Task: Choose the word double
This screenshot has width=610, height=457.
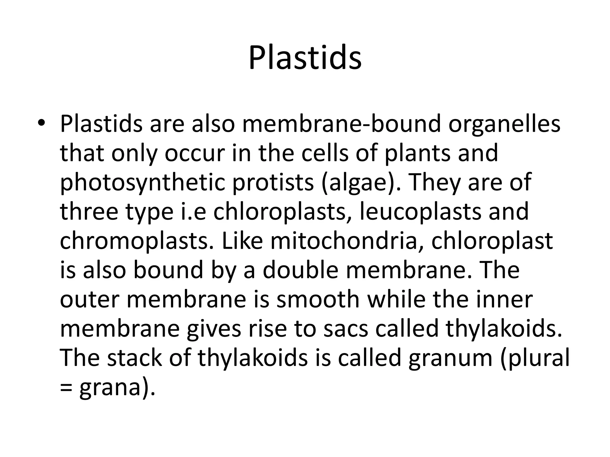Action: point(301,270)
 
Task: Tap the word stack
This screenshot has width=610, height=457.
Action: point(134,357)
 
